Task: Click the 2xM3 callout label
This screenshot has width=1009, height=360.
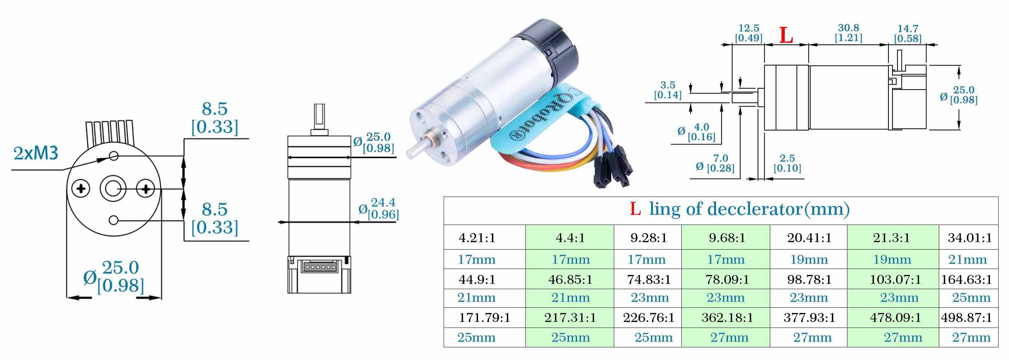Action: [36, 154]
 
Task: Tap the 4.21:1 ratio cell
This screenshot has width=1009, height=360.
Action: [477, 238]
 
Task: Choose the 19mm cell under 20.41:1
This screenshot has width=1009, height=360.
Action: [809, 259]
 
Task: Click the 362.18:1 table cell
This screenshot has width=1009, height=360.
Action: [727, 317]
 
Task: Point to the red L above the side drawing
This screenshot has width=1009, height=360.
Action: [786, 35]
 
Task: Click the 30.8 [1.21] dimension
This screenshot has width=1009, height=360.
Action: [849, 33]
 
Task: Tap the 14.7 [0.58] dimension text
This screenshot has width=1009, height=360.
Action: [908, 34]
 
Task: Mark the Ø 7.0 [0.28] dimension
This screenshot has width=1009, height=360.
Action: [715, 163]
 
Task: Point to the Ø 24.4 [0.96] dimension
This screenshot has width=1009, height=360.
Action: [378, 209]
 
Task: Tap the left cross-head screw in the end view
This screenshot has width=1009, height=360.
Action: [81, 190]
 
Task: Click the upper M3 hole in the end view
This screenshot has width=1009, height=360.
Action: [113, 156]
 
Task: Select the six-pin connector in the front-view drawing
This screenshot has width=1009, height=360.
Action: [319, 267]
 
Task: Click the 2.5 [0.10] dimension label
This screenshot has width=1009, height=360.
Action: [787, 163]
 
